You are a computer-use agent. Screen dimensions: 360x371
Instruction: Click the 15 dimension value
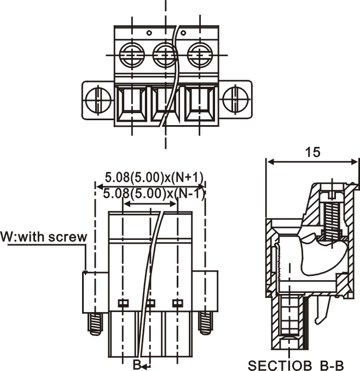pos(312,152)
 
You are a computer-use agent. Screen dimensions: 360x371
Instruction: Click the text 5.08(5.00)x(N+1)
pos(154,177)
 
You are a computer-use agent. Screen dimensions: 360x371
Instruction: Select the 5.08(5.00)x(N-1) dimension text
pos(154,194)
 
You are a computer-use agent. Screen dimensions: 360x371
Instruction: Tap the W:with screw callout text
pos(44,237)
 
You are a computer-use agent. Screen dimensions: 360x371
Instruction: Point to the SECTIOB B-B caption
pos(295,366)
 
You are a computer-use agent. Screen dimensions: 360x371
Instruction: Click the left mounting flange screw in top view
pos(98,100)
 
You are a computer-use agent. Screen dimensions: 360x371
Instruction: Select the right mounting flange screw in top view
pos(236,100)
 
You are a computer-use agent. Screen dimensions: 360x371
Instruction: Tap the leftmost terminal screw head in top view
pos(132,55)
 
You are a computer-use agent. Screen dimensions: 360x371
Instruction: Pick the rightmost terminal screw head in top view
pos(200,55)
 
